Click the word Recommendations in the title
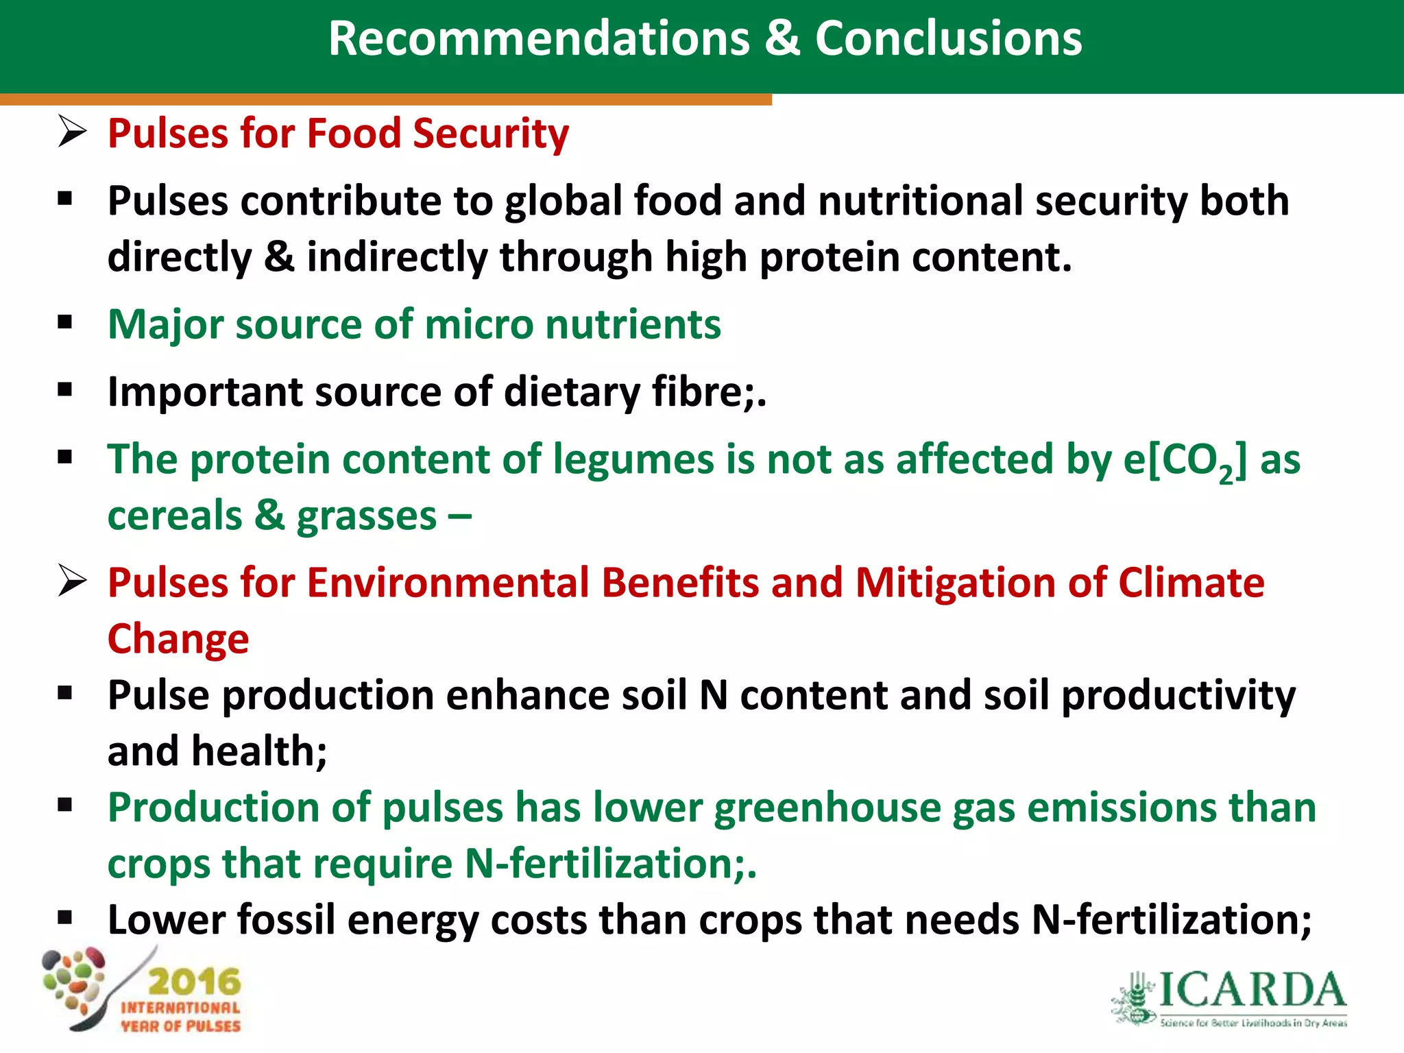click(539, 38)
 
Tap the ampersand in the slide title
click(782, 38)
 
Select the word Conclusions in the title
click(948, 38)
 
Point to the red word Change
click(178, 639)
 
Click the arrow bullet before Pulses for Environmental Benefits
click(72, 581)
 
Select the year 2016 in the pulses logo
click(195, 982)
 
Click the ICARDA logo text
click(1252, 990)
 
